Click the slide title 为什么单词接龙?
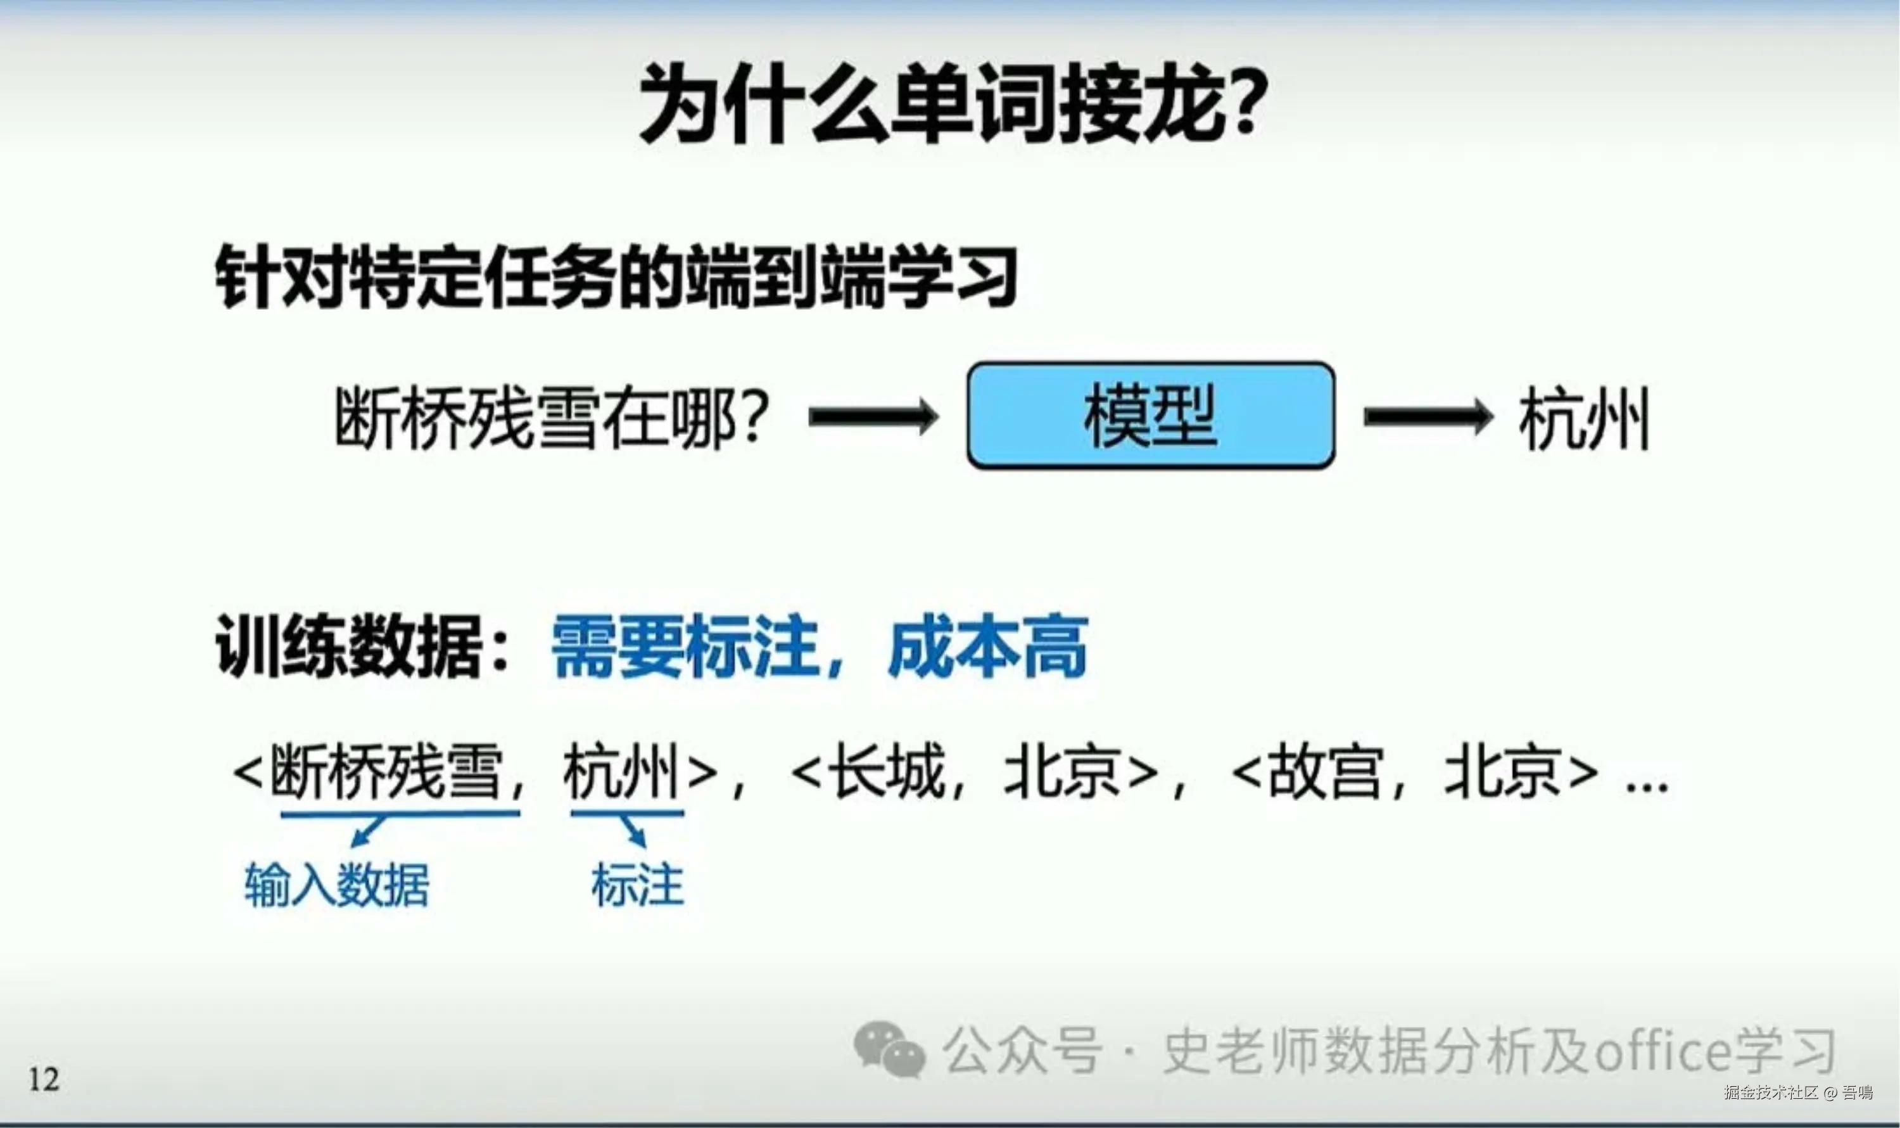[953, 104]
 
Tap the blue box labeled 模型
[1150, 415]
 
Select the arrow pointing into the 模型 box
[873, 416]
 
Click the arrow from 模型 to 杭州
[1428, 416]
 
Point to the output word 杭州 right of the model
[1585, 418]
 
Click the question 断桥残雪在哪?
[552, 418]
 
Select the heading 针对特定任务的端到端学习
[616, 276]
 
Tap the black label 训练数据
[350, 646]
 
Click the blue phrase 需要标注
[684, 646]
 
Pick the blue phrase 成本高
[987, 646]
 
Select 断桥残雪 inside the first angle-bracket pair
[387, 772]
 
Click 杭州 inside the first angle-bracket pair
[621, 772]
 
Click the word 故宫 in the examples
[1325, 772]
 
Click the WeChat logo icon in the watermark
[889, 1049]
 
